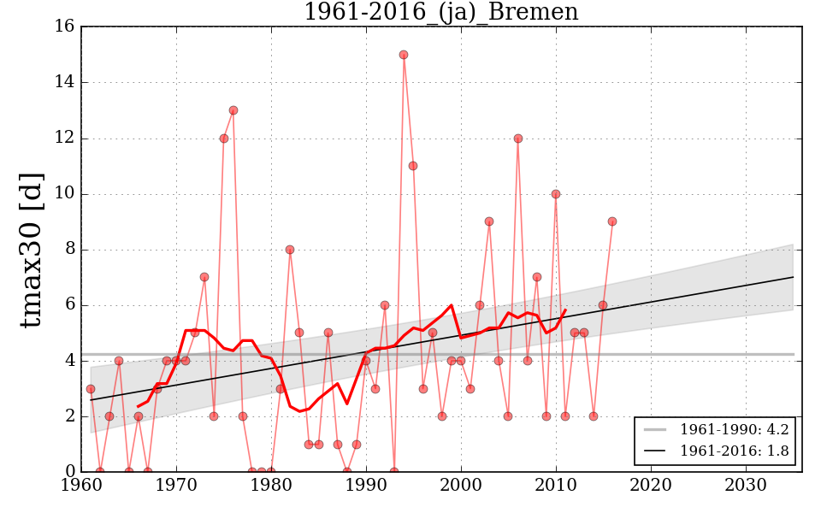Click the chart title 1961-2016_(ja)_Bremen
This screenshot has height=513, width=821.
(x=440, y=12)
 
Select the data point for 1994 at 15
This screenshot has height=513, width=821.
(x=404, y=55)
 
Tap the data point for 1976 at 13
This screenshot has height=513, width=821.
(x=233, y=110)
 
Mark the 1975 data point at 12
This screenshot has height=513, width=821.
(x=224, y=139)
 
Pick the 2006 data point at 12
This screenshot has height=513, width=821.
(x=518, y=139)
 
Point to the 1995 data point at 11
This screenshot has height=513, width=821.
(x=413, y=166)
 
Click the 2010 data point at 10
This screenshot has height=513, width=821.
(x=556, y=194)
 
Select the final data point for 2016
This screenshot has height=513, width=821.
(x=612, y=221)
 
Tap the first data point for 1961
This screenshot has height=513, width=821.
(x=91, y=389)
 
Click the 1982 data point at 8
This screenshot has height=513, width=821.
(x=290, y=250)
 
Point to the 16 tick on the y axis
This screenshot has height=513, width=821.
(x=64, y=27)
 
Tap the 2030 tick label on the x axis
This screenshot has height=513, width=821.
(x=745, y=485)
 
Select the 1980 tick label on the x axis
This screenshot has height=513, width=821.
(x=271, y=485)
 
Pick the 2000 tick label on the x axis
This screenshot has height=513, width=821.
(x=461, y=485)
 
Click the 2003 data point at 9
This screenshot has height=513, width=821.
(x=489, y=221)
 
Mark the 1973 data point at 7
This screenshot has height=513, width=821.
(x=204, y=277)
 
